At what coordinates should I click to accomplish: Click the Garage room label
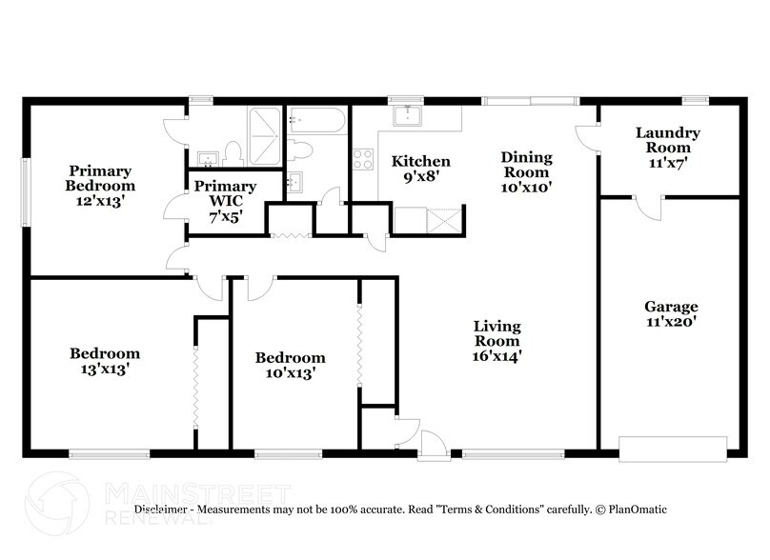point(671,307)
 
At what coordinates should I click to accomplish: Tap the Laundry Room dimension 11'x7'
point(668,163)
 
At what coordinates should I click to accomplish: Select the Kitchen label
point(421,161)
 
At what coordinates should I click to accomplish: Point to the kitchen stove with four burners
point(363,160)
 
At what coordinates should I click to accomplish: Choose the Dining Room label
point(526,165)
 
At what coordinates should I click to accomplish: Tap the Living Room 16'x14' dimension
point(497,355)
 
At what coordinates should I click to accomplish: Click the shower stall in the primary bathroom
point(264,135)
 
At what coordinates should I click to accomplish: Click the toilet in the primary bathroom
point(232,152)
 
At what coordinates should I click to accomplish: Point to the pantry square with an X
point(443,221)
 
